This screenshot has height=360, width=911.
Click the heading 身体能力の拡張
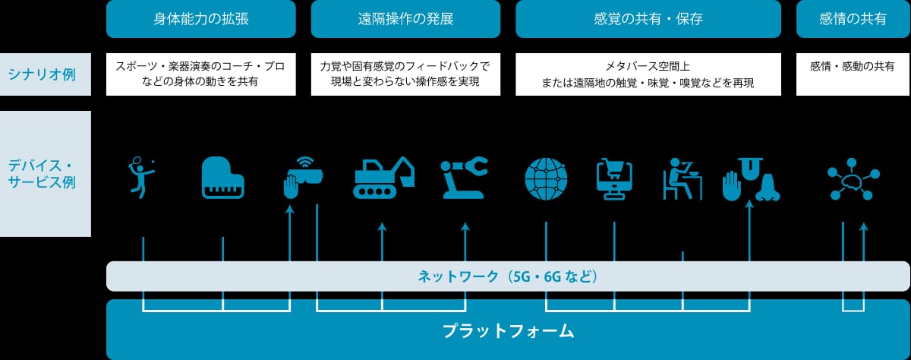[201, 19]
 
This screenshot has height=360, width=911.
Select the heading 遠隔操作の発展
[405, 19]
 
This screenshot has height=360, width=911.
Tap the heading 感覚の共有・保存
[648, 19]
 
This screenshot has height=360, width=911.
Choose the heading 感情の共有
[853, 19]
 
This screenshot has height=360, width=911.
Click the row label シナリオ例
[42, 74]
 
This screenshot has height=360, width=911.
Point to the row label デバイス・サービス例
[42, 174]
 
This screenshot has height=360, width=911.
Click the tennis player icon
[141, 178]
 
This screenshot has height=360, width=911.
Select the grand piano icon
[223, 178]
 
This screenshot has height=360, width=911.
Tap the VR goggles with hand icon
[303, 178]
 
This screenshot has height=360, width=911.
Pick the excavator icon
[383, 178]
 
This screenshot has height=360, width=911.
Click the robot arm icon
[465, 178]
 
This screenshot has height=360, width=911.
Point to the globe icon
[546, 179]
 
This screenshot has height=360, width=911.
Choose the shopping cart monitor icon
[614, 179]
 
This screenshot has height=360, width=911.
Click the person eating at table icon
[682, 179]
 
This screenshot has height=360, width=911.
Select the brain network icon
[853, 179]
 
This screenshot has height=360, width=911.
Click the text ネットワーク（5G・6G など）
[508, 276]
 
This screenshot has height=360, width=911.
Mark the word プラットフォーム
[508, 331]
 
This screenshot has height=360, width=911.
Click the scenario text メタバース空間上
[648, 66]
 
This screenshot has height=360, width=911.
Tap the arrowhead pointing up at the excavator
[382, 226]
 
